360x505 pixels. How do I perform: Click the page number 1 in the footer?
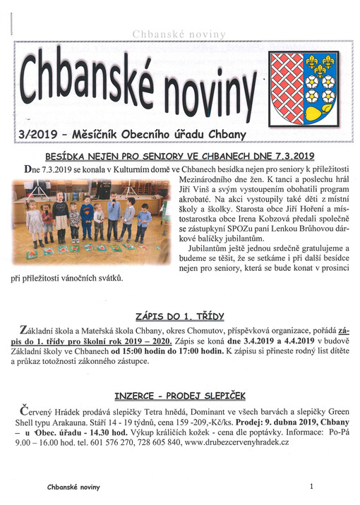[x=311, y=487]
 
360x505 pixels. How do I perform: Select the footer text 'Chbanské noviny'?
[x=73, y=487]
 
